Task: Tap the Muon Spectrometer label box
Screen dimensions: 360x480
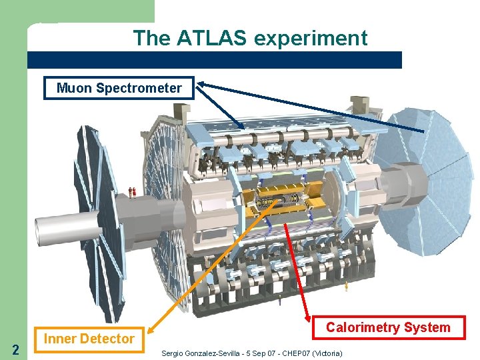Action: click(119, 88)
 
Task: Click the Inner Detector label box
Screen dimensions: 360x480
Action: click(89, 339)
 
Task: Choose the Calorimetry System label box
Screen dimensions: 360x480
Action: click(387, 327)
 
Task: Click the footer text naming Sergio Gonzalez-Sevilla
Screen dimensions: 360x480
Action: click(252, 352)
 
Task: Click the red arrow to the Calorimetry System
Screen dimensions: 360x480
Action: click(297, 273)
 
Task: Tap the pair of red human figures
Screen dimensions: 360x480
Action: click(133, 192)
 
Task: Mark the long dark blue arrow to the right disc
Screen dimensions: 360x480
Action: click(313, 107)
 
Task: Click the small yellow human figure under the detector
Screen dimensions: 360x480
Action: click(346, 287)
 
